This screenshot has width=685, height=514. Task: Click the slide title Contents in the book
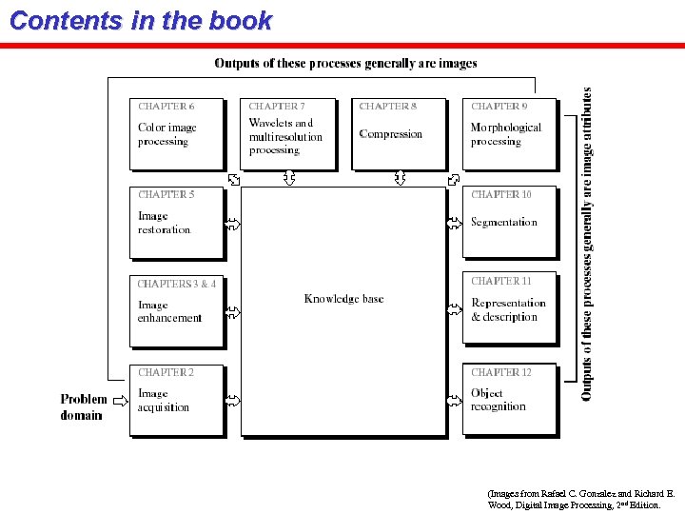tap(141, 21)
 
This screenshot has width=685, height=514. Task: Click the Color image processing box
tap(177, 134)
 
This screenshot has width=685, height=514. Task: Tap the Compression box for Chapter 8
tap(399, 134)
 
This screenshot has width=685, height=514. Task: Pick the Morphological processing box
tap(509, 134)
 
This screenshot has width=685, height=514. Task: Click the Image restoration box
tap(177, 223)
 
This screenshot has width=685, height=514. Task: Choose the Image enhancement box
tap(177, 310)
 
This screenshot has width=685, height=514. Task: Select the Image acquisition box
tap(177, 401)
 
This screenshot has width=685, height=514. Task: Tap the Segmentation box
tap(509, 223)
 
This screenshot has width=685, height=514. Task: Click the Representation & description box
tap(509, 310)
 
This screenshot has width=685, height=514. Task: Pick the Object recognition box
tap(509, 401)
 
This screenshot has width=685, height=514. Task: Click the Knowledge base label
tap(343, 299)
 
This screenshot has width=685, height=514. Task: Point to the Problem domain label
tap(84, 406)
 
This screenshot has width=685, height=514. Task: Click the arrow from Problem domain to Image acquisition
tap(120, 401)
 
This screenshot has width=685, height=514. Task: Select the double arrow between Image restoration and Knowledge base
tap(233, 224)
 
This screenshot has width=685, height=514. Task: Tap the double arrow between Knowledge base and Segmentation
tap(455, 224)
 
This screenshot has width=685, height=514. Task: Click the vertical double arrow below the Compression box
tap(400, 178)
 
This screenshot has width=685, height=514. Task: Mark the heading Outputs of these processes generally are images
tap(345, 64)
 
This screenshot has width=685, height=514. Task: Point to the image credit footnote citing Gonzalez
tap(580, 500)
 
